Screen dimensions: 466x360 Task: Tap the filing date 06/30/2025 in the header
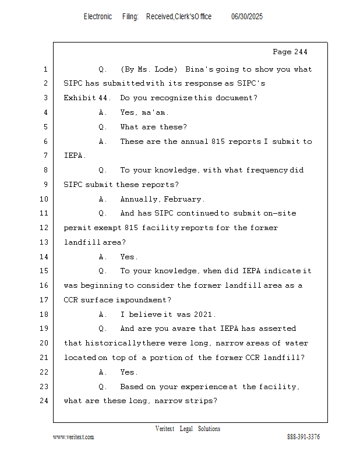click(x=247, y=17)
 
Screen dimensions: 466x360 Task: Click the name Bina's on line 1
click(x=200, y=69)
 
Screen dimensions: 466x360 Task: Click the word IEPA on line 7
click(x=74, y=156)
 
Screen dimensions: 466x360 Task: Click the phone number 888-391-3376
click(x=303, y=437)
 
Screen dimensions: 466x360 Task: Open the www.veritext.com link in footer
click(x=73, y=437)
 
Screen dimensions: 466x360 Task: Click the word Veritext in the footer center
click(x=165, y=429)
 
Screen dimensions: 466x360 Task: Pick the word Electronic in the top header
click(x=97, y=17)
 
